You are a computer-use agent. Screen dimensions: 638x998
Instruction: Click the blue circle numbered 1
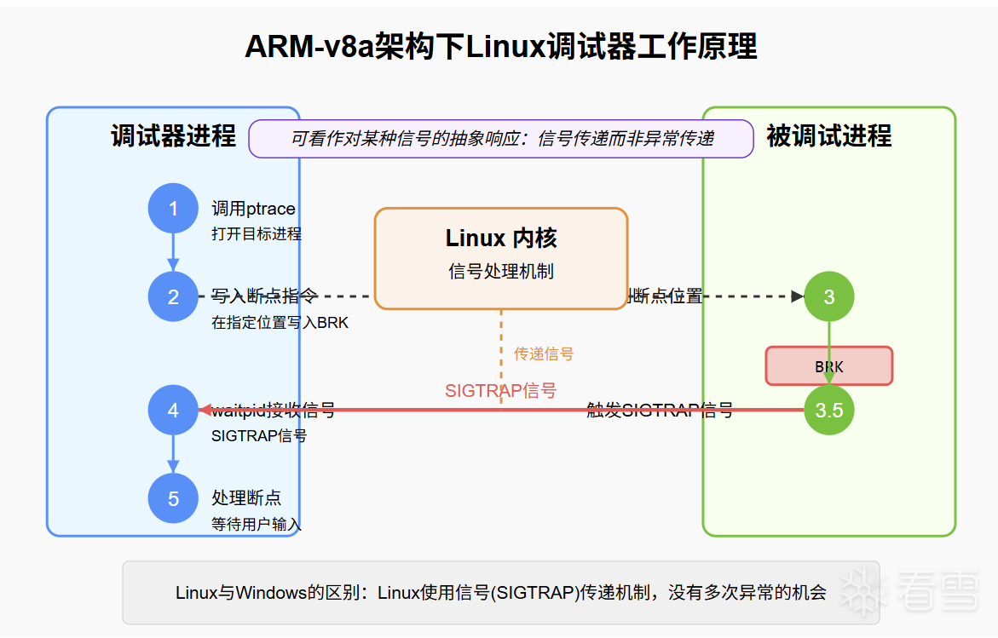pyautogui.click(x=173, y=208)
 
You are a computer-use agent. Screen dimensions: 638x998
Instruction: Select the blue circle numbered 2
pyautogui.click(x=173, y=296)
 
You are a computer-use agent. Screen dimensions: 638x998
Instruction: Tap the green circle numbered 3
pyautogui.click(x=829, y=296)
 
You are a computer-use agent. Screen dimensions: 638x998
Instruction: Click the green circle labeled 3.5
pyautogui.click(x=829, y=410)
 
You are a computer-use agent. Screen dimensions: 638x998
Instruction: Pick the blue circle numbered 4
pyautogui.click(x=173, y=410)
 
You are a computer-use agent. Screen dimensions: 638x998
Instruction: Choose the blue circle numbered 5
pyautogui.click(x=173, y=497)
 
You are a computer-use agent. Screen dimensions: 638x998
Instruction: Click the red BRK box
pyautogui.click(x=829, y=366)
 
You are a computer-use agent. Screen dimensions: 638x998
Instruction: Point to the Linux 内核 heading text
pyautogui.click(x=501, y=238)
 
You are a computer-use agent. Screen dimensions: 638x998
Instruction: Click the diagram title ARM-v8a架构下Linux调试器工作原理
pyautogui.click(x=500, y=47)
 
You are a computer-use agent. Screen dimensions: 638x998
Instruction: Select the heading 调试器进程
pyautogui.click(x=173, y=136)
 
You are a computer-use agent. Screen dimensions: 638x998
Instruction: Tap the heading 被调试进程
pyautogui.click(x=828, y=136)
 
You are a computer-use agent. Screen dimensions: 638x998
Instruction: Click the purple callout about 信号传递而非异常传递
pyautogui.click(x=501, y=139)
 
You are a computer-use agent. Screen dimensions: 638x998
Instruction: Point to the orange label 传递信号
pyautogui.click(x=544, y=353)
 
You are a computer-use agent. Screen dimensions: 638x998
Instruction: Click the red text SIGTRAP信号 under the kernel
pyautogui.click(x=500, y=390)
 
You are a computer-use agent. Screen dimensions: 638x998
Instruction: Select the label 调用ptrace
pyautogui.click(x=253, y=209)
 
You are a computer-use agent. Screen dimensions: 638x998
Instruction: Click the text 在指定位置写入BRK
pyautogui.click(x=280, y=323)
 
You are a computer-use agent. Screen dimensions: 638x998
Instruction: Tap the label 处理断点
pyautogui.click(x=246, y=497)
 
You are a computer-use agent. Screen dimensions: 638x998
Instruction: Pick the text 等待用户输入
pyautogui.click(x=256, y=524)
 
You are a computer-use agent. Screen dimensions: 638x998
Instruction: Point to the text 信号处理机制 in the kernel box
pyautogui.click(x=501, y=272)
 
